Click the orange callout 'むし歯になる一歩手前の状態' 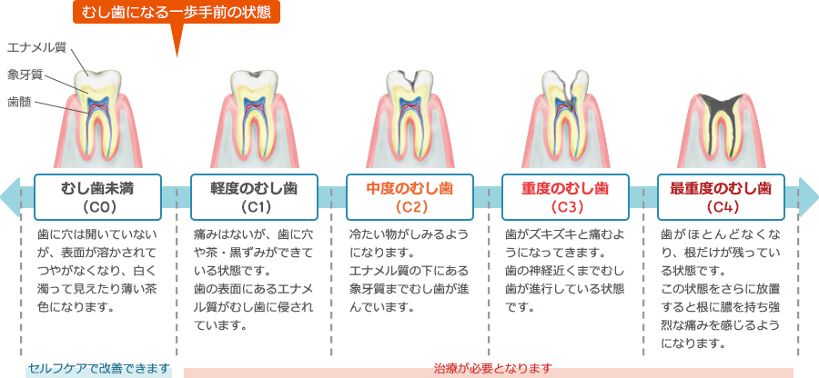click(x=176, y=13)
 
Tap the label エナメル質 click(x=36, y=47)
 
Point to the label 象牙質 click(x=25, y=75)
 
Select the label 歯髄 click(x=19, y=102)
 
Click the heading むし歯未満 click(x=97, y=188)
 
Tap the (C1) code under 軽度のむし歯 click(x=254, y=207)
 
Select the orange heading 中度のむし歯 click(x=409, y=188)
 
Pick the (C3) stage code click(x=566, y=207)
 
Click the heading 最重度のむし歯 click(x=721, y=188)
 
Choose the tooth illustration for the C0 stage click(x=97, y=118)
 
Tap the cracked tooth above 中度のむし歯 click(x=410, y=118)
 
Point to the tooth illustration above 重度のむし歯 click(x=566, y=118)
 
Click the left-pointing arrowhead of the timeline click(x=9, y=197)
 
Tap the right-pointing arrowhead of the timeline click(x=809, y=197)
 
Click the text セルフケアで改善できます click(x=99, y=369)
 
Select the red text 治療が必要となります click(x=492, y=369)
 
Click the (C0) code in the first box click(x=98, y=207)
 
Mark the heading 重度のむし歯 click(x=566, y=188)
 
